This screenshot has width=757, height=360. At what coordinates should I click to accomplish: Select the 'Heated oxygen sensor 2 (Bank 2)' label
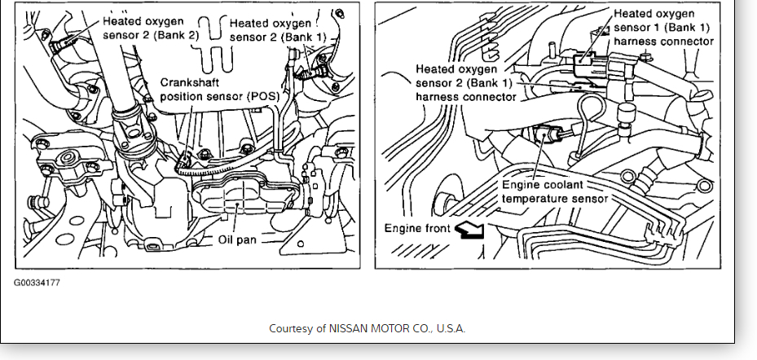[x=146, y=28]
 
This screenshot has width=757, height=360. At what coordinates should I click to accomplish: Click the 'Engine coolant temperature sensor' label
[x=553, y=191]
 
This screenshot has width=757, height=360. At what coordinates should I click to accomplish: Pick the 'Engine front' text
[x=417, y=228]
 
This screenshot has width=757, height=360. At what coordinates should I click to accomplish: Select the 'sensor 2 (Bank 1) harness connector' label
[x=465, y=83]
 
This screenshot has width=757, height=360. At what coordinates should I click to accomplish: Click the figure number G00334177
[x=36, y=283]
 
